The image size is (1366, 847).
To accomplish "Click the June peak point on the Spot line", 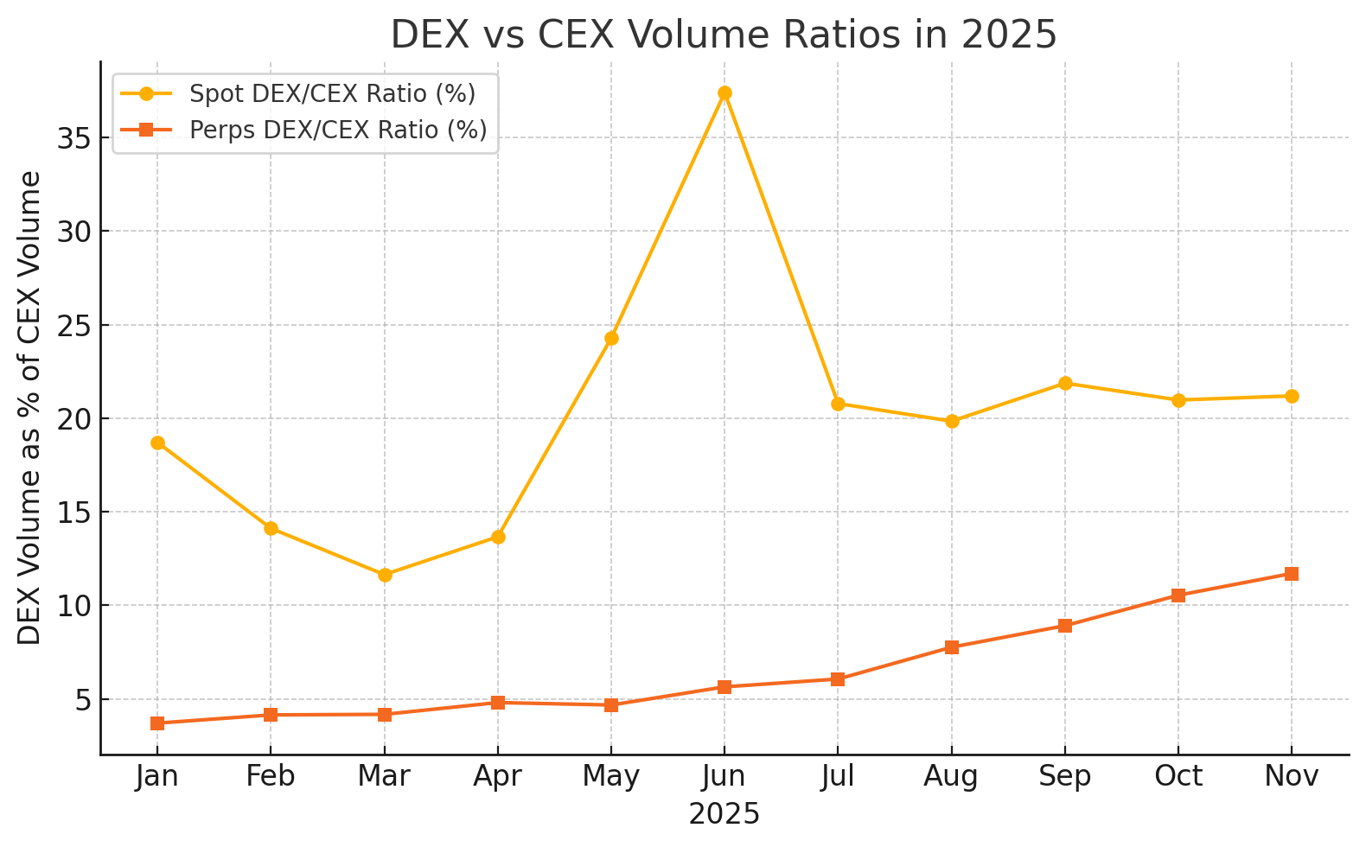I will coord(724,93).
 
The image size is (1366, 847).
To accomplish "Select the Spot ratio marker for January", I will coord(157,443).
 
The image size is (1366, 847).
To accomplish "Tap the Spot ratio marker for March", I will coord(385,575).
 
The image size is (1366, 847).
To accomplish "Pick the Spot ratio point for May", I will coord(611,338).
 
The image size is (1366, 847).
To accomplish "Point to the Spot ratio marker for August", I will coord(952,421).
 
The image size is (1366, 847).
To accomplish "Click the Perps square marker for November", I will coord(1292,574).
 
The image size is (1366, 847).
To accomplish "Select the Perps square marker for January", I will coord(157,723).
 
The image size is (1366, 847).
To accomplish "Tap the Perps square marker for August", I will coord(952,647).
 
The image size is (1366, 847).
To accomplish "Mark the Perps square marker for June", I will coord(724,687).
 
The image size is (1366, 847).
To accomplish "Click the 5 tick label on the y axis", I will coord(82,699).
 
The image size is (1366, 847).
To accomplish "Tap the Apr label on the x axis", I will coord(498,776).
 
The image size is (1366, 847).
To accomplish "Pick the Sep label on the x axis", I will coord(1065,776).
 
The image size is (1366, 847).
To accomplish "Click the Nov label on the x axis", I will coord(1292,776).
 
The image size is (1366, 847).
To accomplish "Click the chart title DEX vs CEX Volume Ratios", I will coord(724,35).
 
